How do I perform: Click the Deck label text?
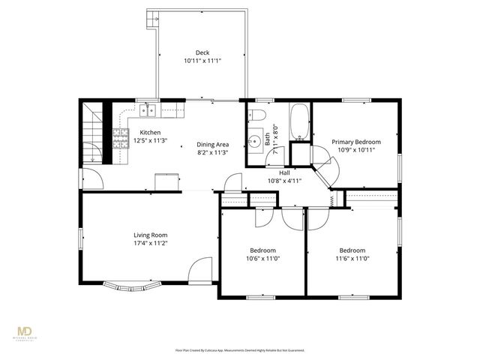point(202,52)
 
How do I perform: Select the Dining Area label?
point(213,144)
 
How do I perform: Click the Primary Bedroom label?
point(356,142)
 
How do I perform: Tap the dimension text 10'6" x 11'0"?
point(262,258)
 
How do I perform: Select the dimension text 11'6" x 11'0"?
point(352,258)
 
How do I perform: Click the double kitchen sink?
point(148,112)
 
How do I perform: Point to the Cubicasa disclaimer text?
point(239,350)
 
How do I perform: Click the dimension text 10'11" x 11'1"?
point(202,61)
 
